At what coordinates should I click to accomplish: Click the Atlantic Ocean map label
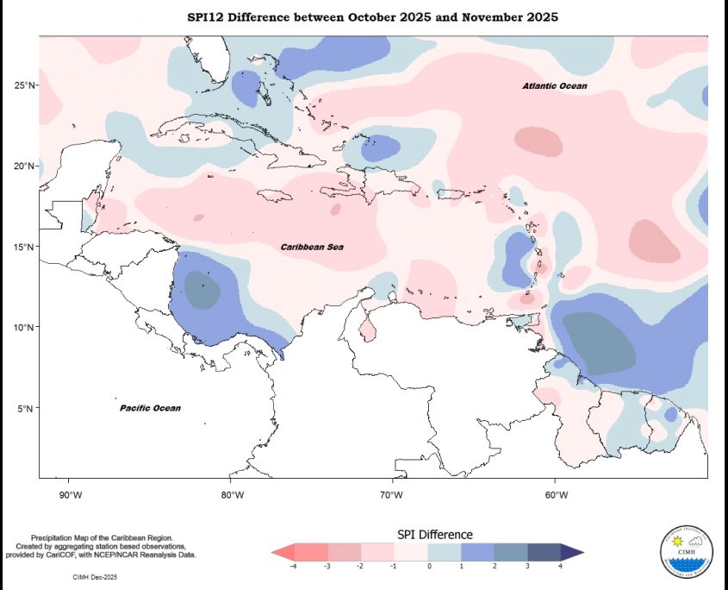tap(555, 86)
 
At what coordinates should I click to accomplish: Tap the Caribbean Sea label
tap(312, 248)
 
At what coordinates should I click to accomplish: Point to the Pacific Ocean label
tap(150, 408)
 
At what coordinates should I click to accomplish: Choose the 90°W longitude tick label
tap(70, 494)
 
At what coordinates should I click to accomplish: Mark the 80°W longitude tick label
tap(232, 494)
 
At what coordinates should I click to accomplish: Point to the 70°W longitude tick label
tap(394, 494)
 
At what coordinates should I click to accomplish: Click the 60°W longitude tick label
tap(556, 494)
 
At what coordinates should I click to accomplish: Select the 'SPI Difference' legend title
tap(434, 535)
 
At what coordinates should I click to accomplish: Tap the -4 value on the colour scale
tap(294, 566)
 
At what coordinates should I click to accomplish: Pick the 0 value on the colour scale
tap(428, 566)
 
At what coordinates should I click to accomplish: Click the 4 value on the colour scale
tap(562, 566)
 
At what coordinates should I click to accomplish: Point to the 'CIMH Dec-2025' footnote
tap(97, 574)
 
